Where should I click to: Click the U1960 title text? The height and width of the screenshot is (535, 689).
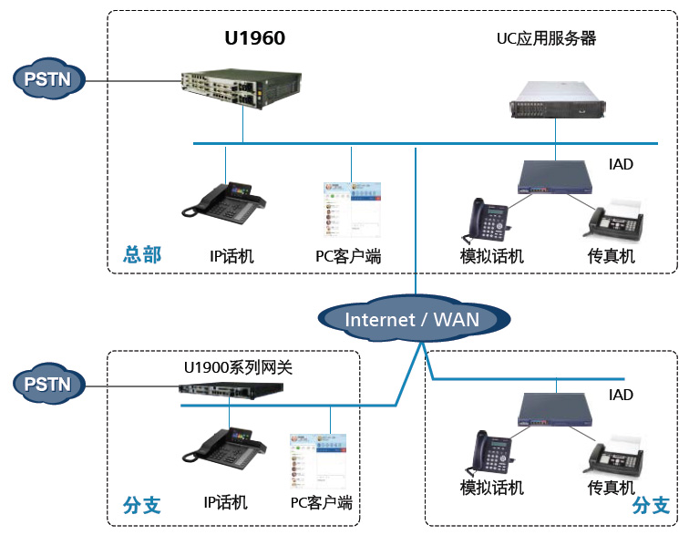tap(254, 37)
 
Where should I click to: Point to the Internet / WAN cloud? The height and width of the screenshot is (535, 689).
tap(412, 319)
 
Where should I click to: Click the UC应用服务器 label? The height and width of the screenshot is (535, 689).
tap(546, 38)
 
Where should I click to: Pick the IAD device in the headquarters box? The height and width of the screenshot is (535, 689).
tap(554, 178)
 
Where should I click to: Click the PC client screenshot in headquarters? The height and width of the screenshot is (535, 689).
tap(354, 211)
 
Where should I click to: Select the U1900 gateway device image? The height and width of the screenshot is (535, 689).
tap(230, 392)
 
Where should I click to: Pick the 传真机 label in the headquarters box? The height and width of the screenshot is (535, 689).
tap(612, 256)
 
